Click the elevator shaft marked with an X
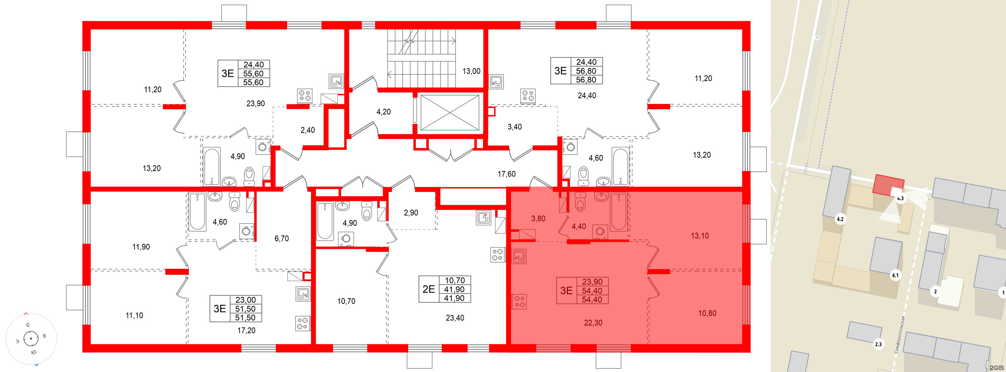coord(449,113)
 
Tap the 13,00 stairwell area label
coord(471,71)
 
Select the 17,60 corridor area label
coord(506,174)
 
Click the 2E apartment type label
coord(429,289)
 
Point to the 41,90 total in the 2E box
coord(454,289)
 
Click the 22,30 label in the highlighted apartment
coord(593,322)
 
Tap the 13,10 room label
coord(699,236)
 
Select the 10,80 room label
coord(707,313)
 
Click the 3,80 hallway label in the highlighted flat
coord(538,218)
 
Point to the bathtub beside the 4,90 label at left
coord(212,166)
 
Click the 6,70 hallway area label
coord(281,238)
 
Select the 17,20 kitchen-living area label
coord(246,330)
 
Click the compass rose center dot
coord(31,338)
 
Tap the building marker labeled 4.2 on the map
coord(840,219)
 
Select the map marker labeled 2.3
coord(878,344)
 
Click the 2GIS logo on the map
coord(996,367)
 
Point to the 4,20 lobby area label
coord(383,112)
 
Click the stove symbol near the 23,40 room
coord(498,255)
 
